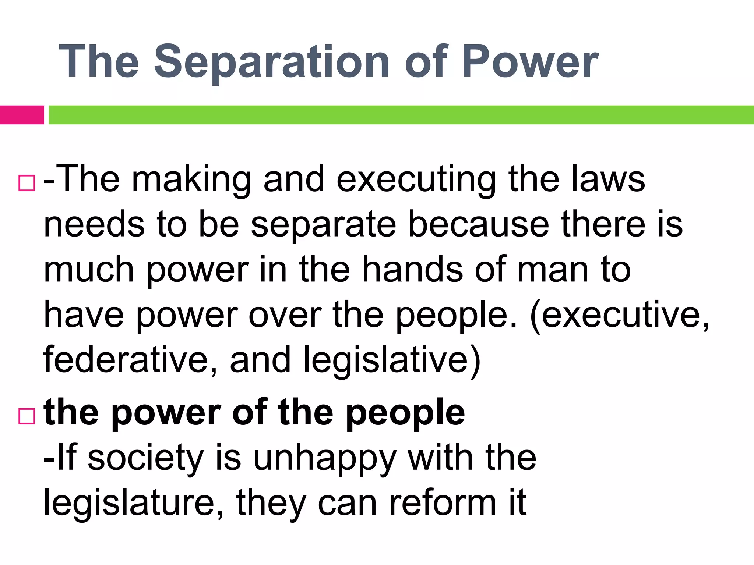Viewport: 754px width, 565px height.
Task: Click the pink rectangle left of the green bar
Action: tap(22, 115)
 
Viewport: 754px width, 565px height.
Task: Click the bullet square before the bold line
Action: tap(27, 416)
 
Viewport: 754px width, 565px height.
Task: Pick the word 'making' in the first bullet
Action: tap(191, 180)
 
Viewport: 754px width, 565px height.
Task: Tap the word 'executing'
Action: tap(416, 180)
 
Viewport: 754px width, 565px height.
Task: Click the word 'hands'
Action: tap(412, 270)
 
